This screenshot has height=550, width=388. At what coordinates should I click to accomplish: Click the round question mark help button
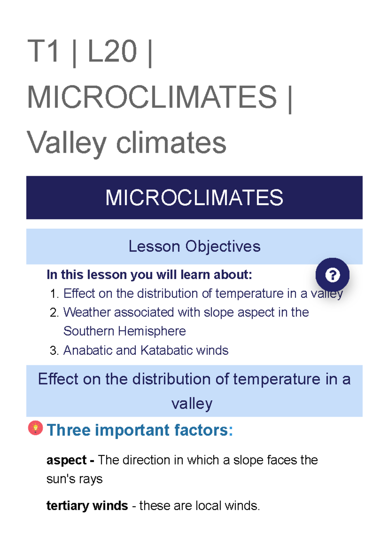(332, 275)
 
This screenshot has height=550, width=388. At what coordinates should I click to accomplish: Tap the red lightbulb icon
(36, 428)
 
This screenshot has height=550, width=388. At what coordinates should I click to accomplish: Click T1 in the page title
(43, 51)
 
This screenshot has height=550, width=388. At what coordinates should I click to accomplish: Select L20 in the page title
(112, 51)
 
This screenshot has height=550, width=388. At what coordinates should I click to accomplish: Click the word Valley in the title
(67, 143)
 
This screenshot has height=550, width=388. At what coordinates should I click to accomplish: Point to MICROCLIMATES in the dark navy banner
(194, 198)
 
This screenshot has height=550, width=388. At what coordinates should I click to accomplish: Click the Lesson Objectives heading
(194, 246)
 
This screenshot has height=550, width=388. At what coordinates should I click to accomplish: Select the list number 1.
(54, 294)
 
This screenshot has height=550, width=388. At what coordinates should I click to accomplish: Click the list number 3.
(54, 351)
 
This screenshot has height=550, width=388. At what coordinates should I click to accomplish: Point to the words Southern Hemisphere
(124, 331)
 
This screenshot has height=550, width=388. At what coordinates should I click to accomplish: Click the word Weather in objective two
(86, 313)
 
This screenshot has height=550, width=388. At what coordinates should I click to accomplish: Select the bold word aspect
(66, 460)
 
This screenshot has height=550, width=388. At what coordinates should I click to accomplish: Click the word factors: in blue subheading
(204, 430)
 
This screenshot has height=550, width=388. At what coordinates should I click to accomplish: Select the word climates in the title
(171, 143)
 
